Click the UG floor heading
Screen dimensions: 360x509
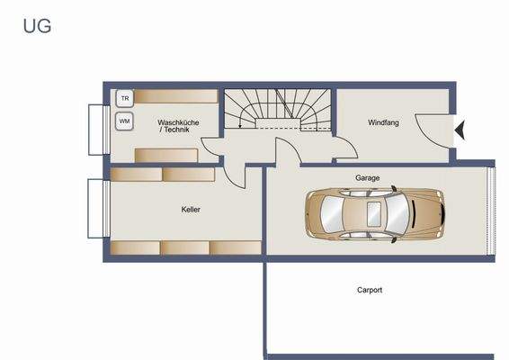pos(37,26)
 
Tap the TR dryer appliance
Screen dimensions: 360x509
pos(124,97)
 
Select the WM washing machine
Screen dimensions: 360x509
pos(124,119)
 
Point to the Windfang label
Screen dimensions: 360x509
pos(383,122)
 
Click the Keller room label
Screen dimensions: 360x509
pos(191,210)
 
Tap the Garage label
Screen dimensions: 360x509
pos(367,178)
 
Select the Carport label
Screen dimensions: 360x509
pos(369,290)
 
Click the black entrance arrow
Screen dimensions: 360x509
pos(460,131)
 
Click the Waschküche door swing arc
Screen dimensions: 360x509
pos(210,148)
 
